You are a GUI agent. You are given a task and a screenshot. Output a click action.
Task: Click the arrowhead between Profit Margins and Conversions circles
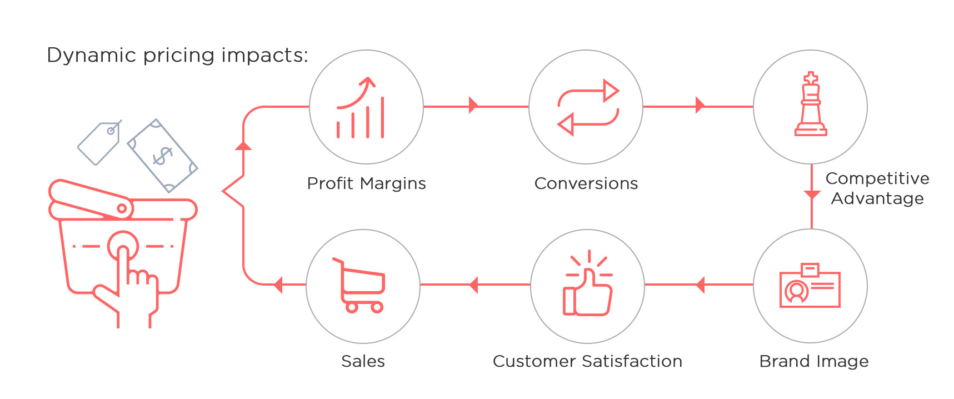(473, 105)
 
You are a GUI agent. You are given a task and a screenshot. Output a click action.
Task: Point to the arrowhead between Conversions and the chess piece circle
(700, 105)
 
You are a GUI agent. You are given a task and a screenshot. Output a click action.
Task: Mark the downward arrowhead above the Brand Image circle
(812, 195)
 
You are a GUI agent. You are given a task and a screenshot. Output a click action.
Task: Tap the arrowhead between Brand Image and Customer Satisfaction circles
(700, 285)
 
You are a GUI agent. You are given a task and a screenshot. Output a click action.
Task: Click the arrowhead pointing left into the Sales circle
(278, 285)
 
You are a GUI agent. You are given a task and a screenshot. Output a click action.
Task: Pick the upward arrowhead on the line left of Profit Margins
(243, 146)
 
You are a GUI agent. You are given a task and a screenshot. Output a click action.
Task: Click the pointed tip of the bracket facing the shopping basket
(223, 192)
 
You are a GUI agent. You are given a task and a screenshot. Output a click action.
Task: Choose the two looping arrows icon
(588, 107)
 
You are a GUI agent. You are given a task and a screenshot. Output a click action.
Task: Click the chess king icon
(811, 104)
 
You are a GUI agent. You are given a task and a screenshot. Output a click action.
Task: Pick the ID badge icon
(810, 285)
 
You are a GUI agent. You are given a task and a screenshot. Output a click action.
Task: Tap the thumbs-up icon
(588, 283)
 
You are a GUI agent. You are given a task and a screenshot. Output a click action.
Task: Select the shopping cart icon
(359, 285)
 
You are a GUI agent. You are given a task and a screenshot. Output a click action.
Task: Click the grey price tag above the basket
(99, 143)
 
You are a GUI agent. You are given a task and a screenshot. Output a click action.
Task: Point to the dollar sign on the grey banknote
(163, 156)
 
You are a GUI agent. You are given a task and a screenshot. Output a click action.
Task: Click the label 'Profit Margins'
(367, 183)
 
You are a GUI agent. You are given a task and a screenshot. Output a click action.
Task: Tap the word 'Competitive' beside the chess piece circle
(877, 178)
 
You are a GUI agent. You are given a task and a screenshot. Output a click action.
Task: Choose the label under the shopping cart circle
(363, 361)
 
